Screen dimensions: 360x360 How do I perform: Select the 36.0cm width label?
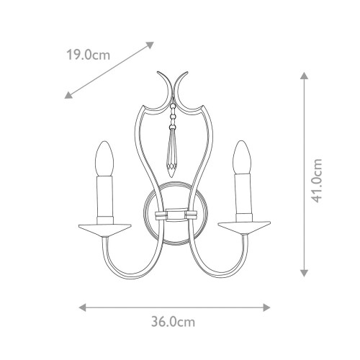pos(176,322)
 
